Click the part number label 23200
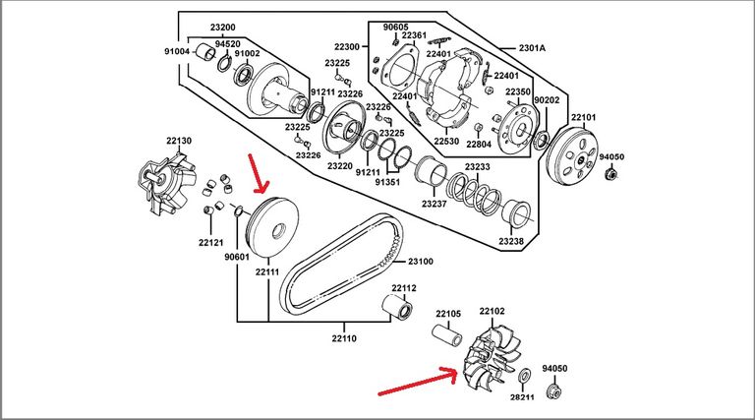click(222, 26)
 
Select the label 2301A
click(531, 46)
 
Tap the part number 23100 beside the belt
click(420, 263)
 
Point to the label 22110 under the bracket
click(343, 337)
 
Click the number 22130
click(178, 142)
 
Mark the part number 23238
click(511, 241)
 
